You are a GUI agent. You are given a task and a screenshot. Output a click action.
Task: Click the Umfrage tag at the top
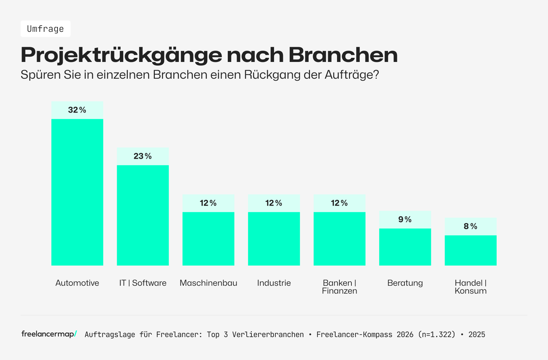(x=46, y=29)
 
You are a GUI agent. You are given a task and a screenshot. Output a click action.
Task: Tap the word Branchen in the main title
(x=343, y=55)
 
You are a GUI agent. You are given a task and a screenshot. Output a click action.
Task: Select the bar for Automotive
(x=77, y=192)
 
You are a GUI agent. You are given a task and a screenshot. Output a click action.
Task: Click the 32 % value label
(x=77, y=110)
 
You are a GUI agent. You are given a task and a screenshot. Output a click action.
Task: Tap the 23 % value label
(x=143, y=156)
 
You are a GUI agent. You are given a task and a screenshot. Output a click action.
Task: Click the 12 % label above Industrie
(x=274, y=203)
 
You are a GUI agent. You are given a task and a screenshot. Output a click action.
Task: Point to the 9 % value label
(x=405, y=219)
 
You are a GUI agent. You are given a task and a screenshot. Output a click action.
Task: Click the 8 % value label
(x=471, y=226)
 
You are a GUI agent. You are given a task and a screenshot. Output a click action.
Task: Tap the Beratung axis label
(x=405, y=283)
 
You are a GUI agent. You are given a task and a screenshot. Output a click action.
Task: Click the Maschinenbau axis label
(x=208, y=283)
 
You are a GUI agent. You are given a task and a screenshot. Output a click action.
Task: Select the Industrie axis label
(x=274, y=283)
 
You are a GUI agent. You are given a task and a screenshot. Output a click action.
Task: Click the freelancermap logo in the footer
(x=49, y=334)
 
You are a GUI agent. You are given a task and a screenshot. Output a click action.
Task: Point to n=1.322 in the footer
(x=437, y=334)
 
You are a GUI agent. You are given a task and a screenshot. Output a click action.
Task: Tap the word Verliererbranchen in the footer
(x=268, y=334)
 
